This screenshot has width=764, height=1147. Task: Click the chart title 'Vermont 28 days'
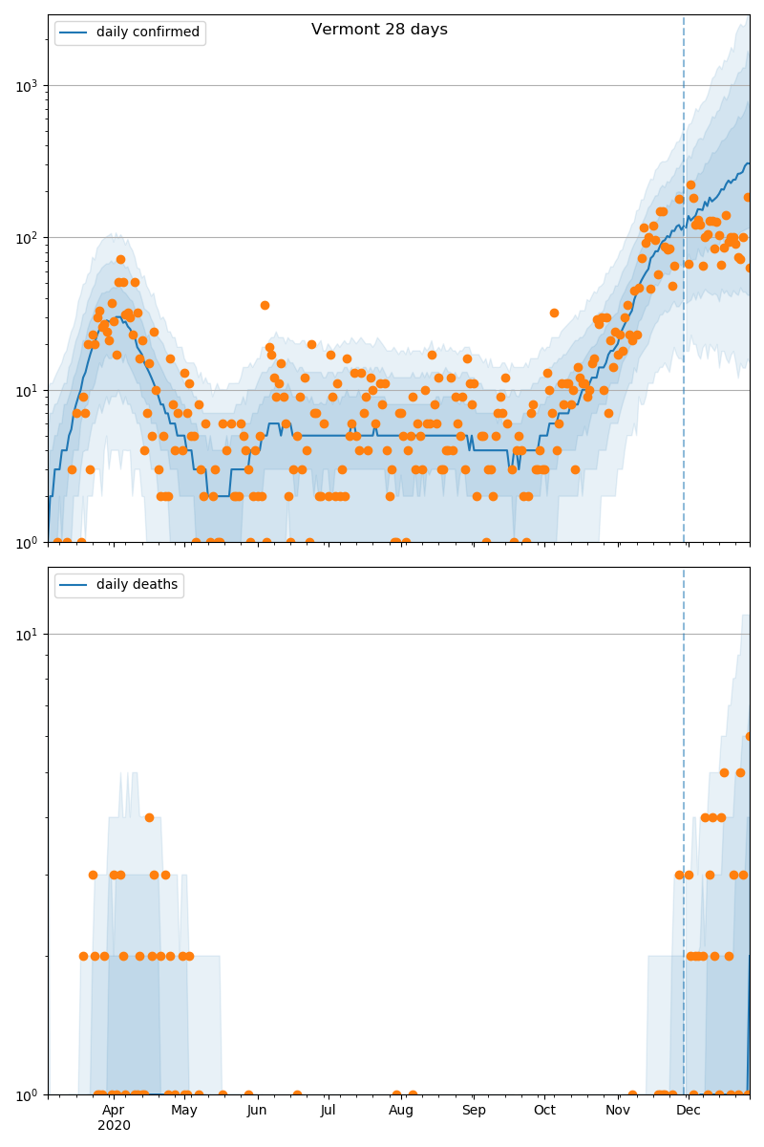click(x=379, y=30)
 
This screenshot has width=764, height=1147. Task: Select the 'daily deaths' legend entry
click(x=137, y=585)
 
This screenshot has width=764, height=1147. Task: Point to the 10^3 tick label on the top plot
click(x=26, y=86)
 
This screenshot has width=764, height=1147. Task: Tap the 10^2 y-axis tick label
click(x=26, y=238)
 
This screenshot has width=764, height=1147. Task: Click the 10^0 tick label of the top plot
click(x=26, y=543)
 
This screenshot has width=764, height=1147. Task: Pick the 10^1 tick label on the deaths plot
click(x=26, y=635)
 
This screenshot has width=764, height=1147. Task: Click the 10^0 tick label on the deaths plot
click(x=26, y=1094)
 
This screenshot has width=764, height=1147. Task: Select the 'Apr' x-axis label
click(x=114, y=1110)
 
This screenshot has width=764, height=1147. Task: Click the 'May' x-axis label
click(x=184, y=1110)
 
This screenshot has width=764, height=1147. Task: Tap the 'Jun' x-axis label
click(x=257, y=1110)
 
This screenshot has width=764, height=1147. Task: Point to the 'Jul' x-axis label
click(x=328, y=1110)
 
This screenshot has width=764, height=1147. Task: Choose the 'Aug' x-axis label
click(x=401, y=1110)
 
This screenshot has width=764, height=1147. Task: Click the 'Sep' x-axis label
click(x=474, y=1110)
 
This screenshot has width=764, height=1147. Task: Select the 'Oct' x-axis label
click(x=544, y=1110)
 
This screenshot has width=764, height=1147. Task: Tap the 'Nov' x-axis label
click(x=618, y=1110)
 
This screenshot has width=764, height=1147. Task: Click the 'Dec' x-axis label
click(x=689, y=1110)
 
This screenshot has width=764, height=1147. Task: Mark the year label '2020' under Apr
click(x=114, y=1125)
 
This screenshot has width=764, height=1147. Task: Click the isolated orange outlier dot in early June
click(x=265, y=305)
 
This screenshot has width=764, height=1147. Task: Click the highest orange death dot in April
click(x=149, y=817)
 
